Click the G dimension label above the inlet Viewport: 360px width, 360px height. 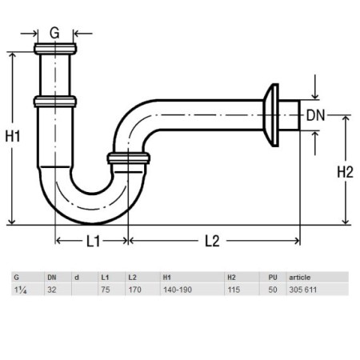[54, 34]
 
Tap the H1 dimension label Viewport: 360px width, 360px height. [13, 137]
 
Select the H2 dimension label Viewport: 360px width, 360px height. [345, 172]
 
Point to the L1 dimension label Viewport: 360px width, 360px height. [93, 241]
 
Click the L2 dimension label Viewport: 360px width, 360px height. [212, 241]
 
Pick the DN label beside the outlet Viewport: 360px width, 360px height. [315, 115]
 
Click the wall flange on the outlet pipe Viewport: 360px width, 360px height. [271, 115]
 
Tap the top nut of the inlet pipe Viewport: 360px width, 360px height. [55, 49]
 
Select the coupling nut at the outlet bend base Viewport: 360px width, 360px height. [129, 158]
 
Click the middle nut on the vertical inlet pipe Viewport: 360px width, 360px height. [55, 102]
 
